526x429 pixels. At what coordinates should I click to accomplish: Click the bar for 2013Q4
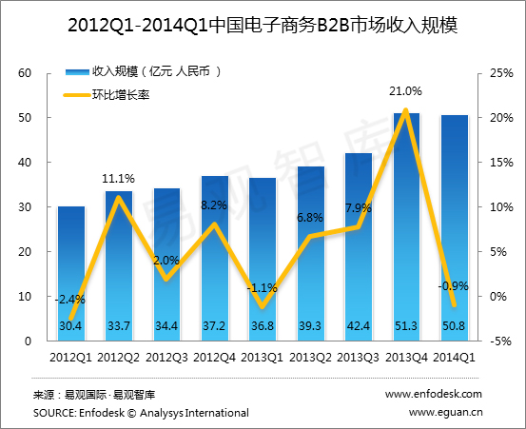coord(406,228)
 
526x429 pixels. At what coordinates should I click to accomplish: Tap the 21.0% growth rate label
coord(405,91)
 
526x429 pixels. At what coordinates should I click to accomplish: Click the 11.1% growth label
coord(119,178)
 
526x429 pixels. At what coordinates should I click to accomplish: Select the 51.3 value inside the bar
coord(406,326)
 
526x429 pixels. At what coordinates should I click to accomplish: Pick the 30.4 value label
coord(71,326)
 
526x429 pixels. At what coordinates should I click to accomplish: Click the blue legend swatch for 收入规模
coord(77,71)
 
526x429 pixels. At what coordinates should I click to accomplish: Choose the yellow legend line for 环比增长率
coord(77,94)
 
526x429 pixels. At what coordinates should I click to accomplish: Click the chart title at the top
coord(263,25)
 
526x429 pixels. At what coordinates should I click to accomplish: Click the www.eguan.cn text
coord(446,413)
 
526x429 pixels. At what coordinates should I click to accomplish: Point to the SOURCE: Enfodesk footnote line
coord(140,413)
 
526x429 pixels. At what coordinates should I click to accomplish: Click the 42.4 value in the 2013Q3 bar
coord(358,326)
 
